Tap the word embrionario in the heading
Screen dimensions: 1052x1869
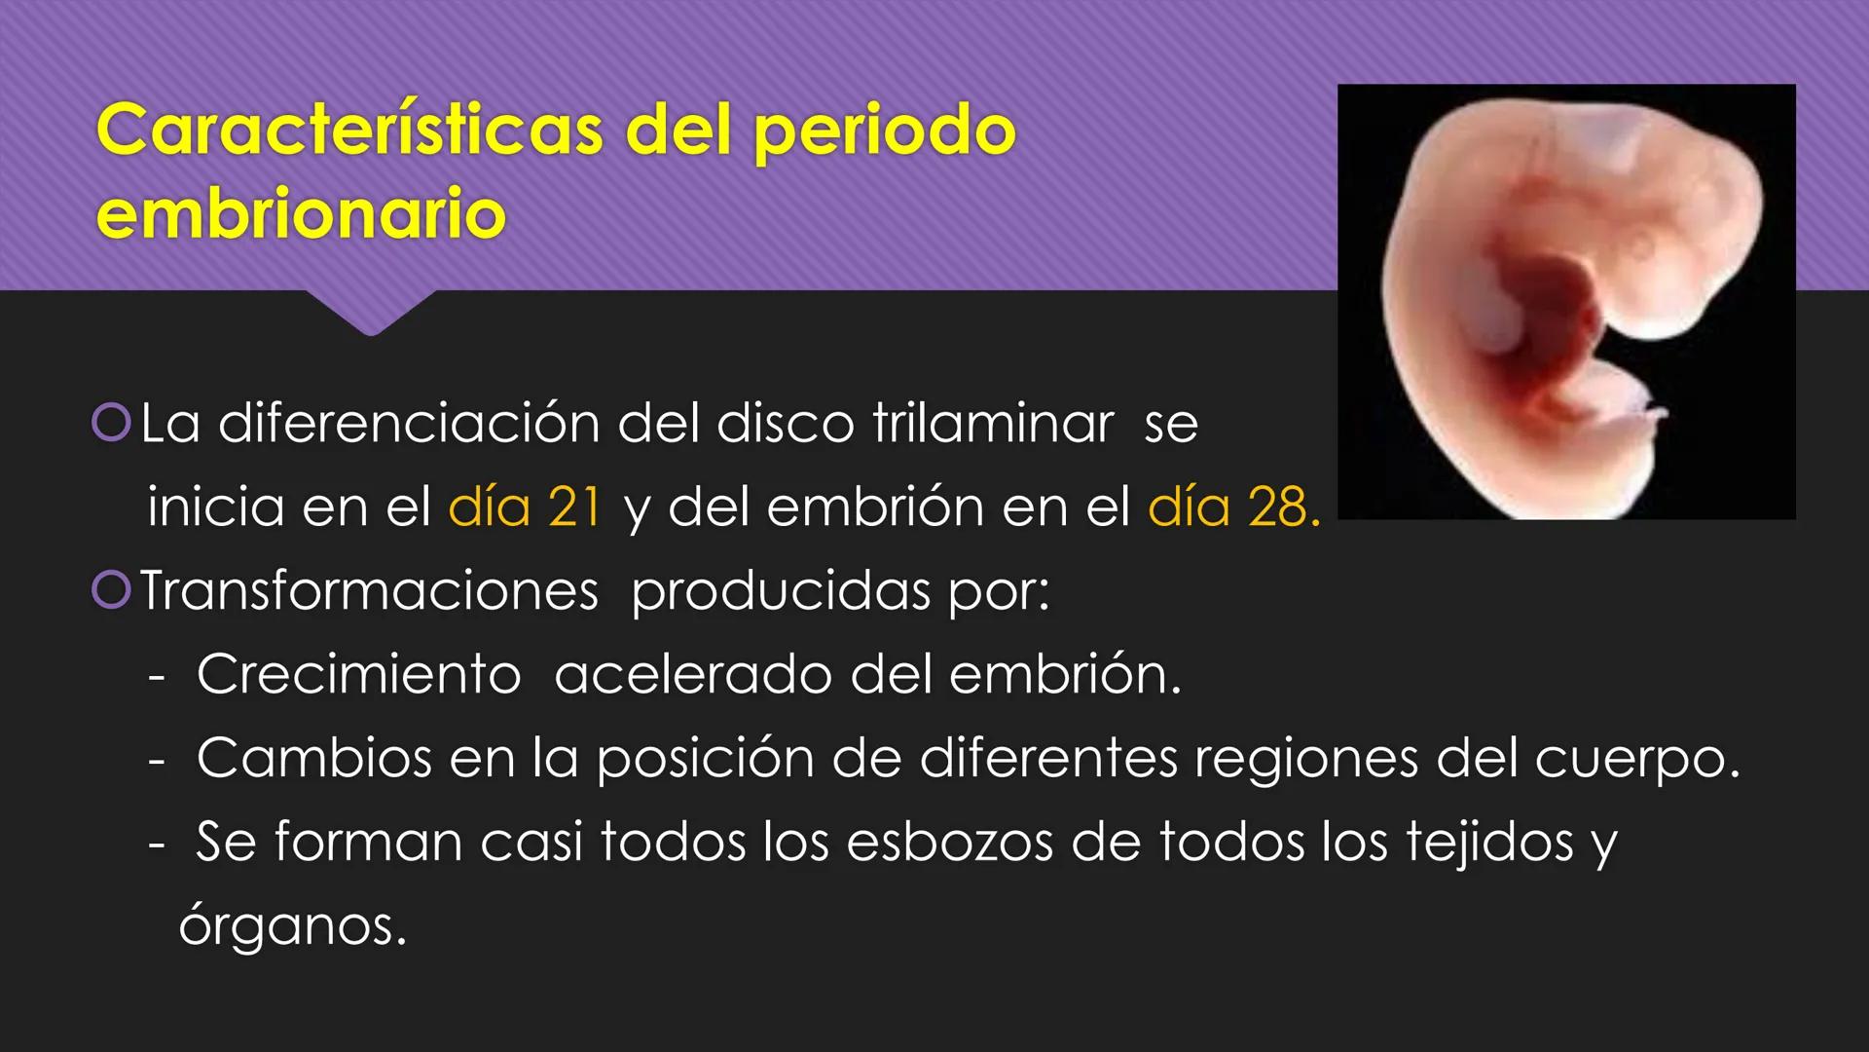click(301, 213)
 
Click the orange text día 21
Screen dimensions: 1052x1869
click(525, 507)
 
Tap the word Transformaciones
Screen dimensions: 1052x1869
click(369, 591)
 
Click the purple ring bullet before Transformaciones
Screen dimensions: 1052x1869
click(111, 589)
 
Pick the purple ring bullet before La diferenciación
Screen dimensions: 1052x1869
click(111, 422)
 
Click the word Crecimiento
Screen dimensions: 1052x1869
click(358, 674)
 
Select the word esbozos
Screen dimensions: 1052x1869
click(949, 842)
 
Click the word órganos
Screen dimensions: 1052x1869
click(291, 925)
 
